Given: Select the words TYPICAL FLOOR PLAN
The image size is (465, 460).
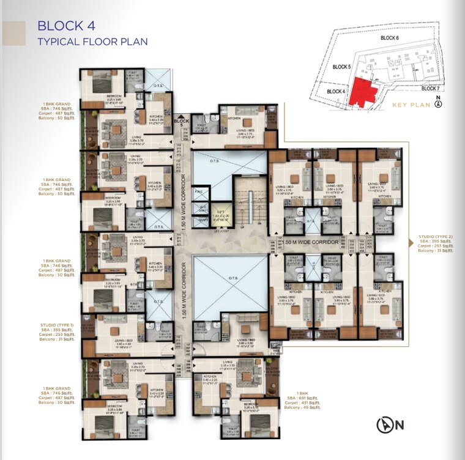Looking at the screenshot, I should [x=92, y=42].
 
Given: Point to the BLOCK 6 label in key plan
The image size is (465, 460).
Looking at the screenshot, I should [x=389, y=38].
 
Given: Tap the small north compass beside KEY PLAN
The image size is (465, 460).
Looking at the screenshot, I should [x=439, y=103].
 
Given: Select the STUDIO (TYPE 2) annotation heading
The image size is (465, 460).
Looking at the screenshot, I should [x=435, y=236].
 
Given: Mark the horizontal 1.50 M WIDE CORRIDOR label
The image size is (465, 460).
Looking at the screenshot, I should [x=306, y=242].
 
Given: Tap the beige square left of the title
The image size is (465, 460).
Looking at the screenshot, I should [x=15, y=33].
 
